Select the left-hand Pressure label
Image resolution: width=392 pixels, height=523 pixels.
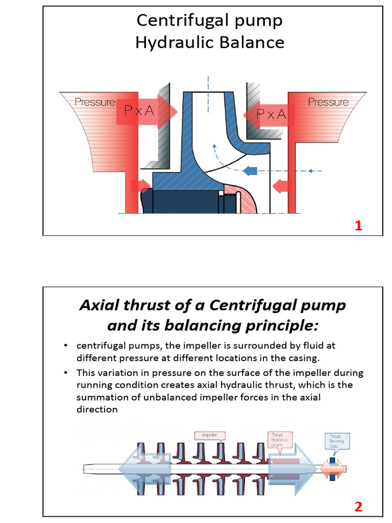95,102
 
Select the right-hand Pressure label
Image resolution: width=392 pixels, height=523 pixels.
328,102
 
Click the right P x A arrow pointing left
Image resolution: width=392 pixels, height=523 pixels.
270,114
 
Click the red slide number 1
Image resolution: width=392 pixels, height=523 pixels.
358,226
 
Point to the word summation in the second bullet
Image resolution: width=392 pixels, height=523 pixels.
101,397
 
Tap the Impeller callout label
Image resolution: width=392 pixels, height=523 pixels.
209,435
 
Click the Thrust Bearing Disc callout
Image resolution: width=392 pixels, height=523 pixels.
337,441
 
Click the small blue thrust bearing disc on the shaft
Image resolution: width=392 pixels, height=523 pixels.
332,468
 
